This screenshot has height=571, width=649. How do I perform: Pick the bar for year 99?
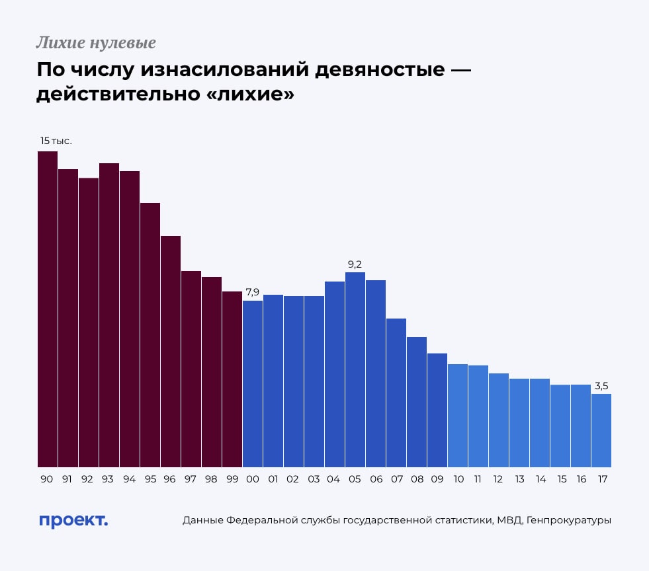(x=232, y=379)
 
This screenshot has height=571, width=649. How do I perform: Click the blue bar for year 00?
(x=253, y=384)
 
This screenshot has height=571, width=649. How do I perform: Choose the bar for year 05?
(x=355, y=369)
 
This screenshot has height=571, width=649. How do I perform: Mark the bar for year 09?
(x=437, y=410)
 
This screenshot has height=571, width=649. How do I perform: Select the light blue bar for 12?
(x=499, y=420)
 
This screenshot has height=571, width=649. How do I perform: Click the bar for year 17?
(x=601, y=430)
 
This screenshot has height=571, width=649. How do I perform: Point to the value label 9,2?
(x=355, y=265)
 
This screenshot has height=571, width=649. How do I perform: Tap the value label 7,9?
(x=253, y=292)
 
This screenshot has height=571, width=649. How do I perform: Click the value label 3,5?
(x=601, y=386)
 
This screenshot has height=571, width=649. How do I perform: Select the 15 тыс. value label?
(x=56, y=141)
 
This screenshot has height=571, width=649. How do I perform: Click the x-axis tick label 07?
(x=396, y=479)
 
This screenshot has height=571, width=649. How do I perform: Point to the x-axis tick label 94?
(x=130, y=479)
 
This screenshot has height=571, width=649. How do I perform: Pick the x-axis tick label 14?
(x=540, y=479)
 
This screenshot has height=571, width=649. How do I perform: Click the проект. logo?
(x=73, y=521)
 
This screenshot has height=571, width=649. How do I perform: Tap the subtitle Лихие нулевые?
(x=96, y=44)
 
